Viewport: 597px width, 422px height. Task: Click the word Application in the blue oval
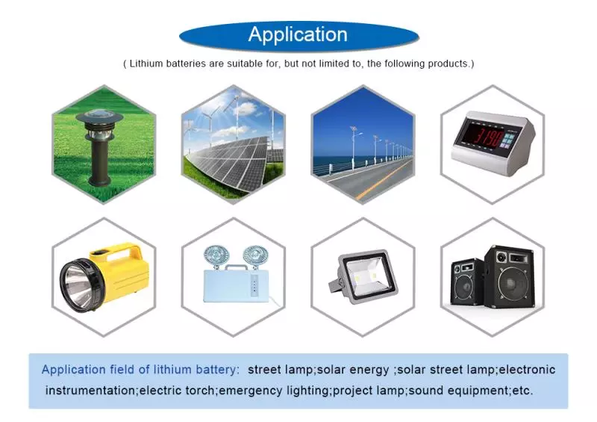298,34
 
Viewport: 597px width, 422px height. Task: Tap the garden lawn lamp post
101,148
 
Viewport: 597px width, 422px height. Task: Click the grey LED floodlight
363,276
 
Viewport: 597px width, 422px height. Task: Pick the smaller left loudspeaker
468,282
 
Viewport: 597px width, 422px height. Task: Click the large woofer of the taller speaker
512,283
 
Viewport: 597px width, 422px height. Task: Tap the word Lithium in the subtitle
146,63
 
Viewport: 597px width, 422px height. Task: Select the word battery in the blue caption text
215,370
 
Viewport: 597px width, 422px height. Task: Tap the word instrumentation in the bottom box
90,391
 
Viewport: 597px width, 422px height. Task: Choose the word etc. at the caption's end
522,391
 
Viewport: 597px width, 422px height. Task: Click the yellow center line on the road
384,179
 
